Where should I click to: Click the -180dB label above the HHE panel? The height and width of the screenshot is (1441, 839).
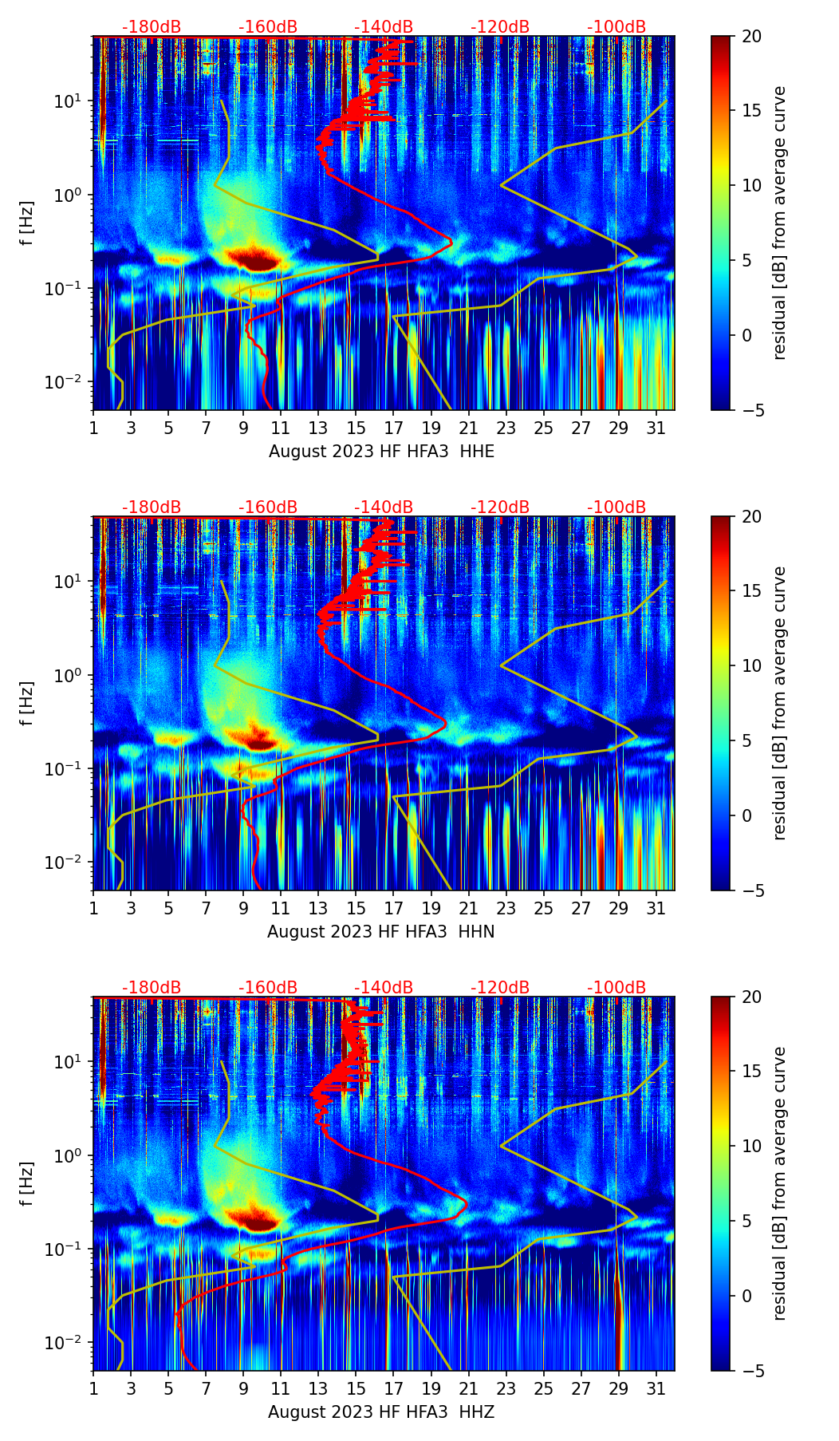coord(152,27)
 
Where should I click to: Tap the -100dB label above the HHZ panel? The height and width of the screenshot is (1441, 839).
coord(616,988)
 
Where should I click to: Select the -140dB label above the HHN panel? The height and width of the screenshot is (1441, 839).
coord(384,507)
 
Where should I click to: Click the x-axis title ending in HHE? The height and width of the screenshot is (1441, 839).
coord(381,452)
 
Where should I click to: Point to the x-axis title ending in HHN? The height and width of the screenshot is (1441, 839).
coord(381,932)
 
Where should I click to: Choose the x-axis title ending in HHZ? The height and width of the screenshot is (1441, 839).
coord(381,1412)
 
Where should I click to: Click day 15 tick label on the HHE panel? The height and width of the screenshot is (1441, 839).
coord(356,428)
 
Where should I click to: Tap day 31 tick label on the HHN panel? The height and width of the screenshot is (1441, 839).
coord(656,909)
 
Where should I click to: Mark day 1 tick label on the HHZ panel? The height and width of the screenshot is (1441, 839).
coord(93,1389)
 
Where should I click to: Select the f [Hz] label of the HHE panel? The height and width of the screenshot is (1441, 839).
coord(27,223)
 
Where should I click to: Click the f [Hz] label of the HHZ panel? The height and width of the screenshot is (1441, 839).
coord(27,1183)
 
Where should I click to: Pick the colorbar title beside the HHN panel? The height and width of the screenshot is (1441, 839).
coord(780,703)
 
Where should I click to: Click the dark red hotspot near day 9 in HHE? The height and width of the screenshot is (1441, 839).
coord(254,259)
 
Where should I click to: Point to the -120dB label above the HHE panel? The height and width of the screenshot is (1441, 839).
coord(500,27)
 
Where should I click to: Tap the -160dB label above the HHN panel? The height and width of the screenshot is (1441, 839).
coord(268,507)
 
